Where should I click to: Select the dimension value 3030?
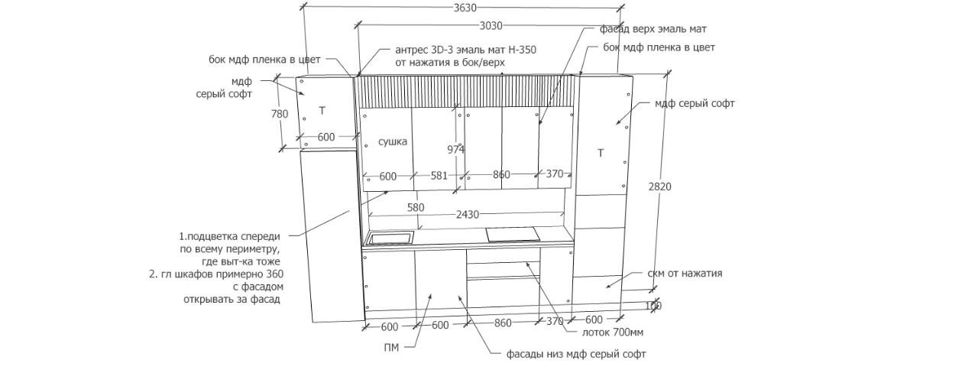click(x=491, y=26)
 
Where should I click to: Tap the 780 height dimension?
click(x=280, y=114)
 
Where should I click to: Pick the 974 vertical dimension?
click(x=456, y=150)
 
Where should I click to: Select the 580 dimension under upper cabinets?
click(x=415, y=207)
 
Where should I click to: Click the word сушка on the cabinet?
click(x=393, y=141)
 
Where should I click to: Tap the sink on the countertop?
click(x=390, y=238)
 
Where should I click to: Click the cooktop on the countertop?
click(x=511, y=235)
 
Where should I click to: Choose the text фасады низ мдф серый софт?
click(x=576, y=355)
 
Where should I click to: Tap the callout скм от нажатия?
click(x=685, y=273)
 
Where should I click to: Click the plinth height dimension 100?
click(x=653, y=306)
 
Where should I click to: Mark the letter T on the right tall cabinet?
click(x=601, y=154)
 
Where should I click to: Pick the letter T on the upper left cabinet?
click(x=322, y=111)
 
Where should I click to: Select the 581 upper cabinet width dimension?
click(x=439, y=176)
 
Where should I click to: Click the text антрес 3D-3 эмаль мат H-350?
click(x=465, y=49)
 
